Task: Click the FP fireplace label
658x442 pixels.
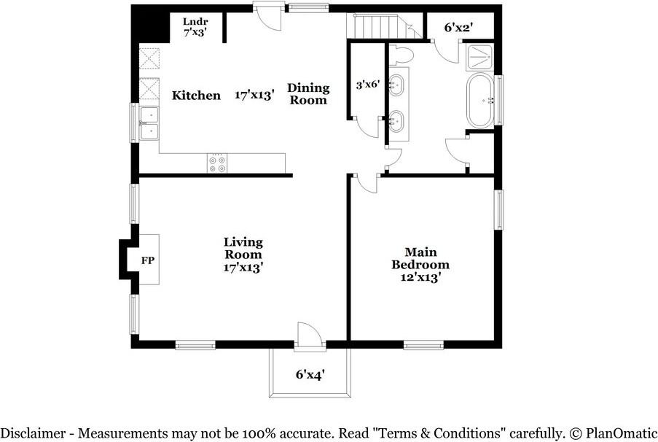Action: click(148, 260)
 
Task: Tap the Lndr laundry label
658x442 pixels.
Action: click(195, 21)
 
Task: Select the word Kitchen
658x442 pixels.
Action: click(196, 96)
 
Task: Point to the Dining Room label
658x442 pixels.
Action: click(308, 93)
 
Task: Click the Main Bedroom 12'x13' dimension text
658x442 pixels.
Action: click(420, 278)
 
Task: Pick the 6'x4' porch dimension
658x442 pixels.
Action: click(310, 374)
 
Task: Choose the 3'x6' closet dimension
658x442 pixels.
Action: click(367, 85)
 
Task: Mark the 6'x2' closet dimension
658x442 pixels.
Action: click(458, 28)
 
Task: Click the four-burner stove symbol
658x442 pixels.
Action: click(217, 163)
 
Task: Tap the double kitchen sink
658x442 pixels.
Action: click(149, 123)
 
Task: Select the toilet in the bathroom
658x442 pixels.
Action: click(402, 55)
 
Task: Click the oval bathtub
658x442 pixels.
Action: click(480, 101)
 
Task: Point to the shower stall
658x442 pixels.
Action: click(480, 57)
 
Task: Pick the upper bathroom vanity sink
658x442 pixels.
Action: click(396, 85)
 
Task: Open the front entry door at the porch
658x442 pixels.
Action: click(310, 336)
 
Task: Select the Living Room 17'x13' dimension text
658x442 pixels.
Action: click(243, 267)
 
